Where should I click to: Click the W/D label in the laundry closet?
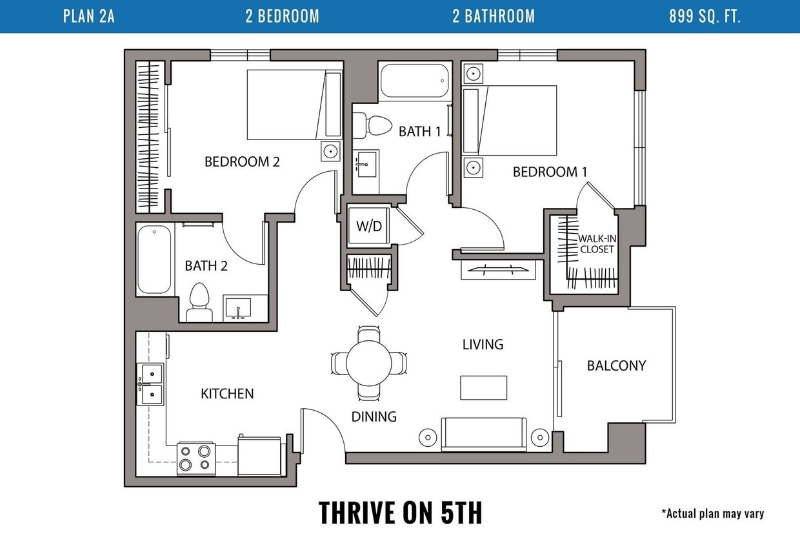[369, 226]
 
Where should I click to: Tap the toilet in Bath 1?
[372, 125]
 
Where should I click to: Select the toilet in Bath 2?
[199, 302]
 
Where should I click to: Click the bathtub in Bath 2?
[154, 260]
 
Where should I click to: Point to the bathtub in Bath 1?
[415, 81]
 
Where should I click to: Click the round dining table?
[369, 363]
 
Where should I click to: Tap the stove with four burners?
[196, 459]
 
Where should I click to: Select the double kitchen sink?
[150, 384]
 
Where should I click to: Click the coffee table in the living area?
[484, 388]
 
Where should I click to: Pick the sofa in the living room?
[484, 434]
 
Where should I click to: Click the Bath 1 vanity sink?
[366, 164]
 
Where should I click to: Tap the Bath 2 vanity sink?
[238, 308]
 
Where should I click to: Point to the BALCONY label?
[616, 365]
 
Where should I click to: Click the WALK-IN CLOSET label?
[597, 244]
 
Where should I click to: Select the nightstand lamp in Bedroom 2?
[331, 152]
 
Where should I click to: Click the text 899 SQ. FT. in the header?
[705, 16]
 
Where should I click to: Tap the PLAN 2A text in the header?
[89, 16]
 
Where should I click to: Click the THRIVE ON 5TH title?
[401, 512]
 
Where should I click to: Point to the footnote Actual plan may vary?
[713, 513]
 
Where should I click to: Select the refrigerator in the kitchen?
[259, 457]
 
